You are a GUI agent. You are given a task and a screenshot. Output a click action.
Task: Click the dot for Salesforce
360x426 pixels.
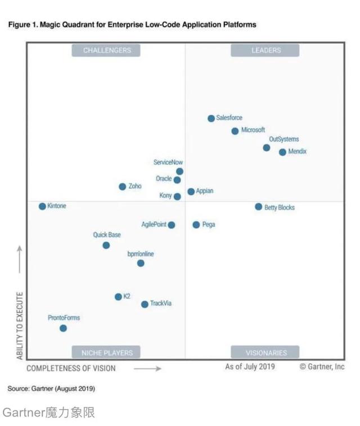pyautogui.click(x=211, y=118)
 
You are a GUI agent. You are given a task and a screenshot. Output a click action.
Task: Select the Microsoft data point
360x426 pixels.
pyautogui.click(x=235, y=131)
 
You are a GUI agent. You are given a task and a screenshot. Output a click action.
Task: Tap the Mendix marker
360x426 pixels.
pyautogui.click(x=282, y=152)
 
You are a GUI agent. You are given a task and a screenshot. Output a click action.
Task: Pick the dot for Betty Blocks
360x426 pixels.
pyautogui.click(x=258, y=207)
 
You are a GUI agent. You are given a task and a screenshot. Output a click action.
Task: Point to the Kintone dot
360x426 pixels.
pyautogui.click(x=42, y=206)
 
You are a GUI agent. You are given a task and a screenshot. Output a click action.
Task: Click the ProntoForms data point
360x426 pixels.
pyautogui.click(x=63, y=328)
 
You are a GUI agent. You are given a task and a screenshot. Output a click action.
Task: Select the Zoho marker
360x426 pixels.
pyautogui.click(x=122, y=187)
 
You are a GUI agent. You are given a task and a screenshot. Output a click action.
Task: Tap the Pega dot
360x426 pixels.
pyautogui.click(x=196, y=225)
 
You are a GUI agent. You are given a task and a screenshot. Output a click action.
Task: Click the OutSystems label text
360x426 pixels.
pyautogui.click(x=284, y=139)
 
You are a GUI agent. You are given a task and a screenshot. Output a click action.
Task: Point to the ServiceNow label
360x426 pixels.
pyautogui.click(x=168, y=162)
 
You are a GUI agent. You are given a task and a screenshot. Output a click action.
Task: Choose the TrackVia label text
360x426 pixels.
pyautogui.click(x=161, y=304)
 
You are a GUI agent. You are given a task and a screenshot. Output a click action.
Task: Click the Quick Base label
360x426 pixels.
pyautogui.click(x=107, y=235)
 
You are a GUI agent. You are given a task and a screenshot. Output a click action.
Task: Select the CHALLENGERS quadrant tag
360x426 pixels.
pyautogui.click(x=106, y=51)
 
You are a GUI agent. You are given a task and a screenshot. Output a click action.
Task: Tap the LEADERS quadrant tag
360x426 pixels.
pyautogui.click(x=265, y=51)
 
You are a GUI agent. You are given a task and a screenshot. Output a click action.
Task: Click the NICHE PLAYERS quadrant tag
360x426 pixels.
pyautogui.click(x=106, y=353)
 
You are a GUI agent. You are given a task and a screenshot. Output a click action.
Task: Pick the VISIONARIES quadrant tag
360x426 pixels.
pyautogui.click(x=265, y=353)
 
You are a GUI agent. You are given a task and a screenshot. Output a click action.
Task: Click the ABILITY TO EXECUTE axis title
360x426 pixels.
pyautogui.click(x=20, y=325)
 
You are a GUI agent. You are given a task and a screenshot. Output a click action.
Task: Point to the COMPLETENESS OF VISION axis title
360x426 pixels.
pyautogui.click(x=71, y=369)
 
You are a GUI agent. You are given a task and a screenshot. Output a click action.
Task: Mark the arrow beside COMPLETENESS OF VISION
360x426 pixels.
pyautogui.click(x=147, y=369)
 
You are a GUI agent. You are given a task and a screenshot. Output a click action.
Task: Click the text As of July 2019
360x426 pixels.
pyautogui.click(x=250, y=367)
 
